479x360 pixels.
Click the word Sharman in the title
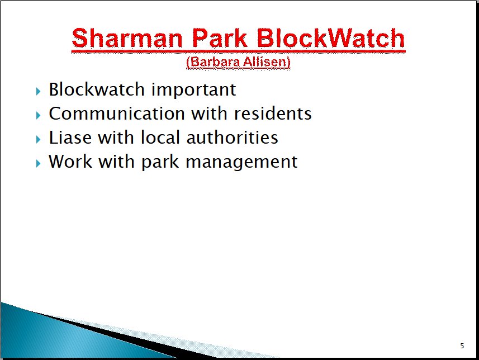click(x=127, y=38)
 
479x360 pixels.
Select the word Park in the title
click(x=219, y=38)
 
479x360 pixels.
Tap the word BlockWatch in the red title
click(x=331, y=38)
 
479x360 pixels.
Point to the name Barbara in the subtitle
click(x=213, y=62)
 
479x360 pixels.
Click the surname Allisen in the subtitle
click(x=267, y=62)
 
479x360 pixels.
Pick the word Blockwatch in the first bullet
click(x=97, y=89)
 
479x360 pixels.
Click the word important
click(x=194, y=90)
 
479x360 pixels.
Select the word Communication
click(x=117, y=113)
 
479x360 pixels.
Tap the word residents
click(x=273, y=113)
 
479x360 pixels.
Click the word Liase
click(x=70, y=137)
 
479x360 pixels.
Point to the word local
click(x=160, y=137)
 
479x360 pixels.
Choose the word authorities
click(x=232, y=137)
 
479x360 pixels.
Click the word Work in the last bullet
click(x=70, y=161)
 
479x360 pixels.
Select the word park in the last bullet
click(x=160, y=162)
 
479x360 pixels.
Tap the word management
click(x=241, y=162)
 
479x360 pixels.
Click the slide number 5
click(x=462, y=345)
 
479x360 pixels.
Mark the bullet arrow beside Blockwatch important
click(x=38, y=91)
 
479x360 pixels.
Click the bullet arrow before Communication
click(x=38, y=115)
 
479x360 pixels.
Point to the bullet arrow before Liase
click(x=38, y=139)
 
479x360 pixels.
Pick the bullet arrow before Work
click(x=38, y=163)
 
